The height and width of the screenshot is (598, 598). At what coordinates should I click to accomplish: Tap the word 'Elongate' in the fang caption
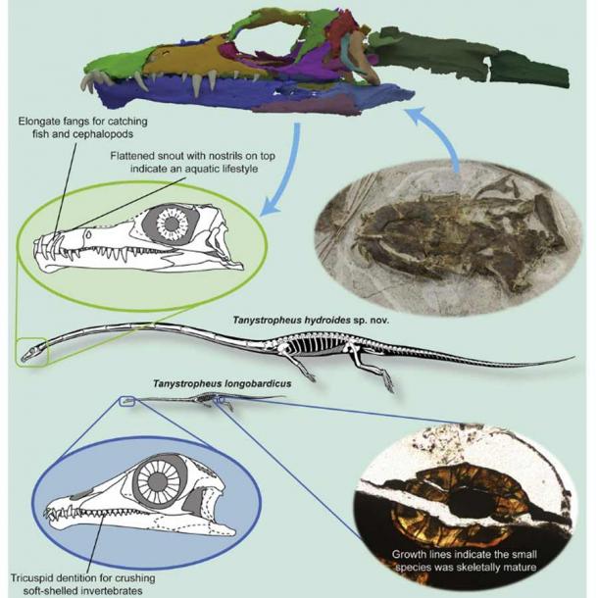click(x=42, y=121)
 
